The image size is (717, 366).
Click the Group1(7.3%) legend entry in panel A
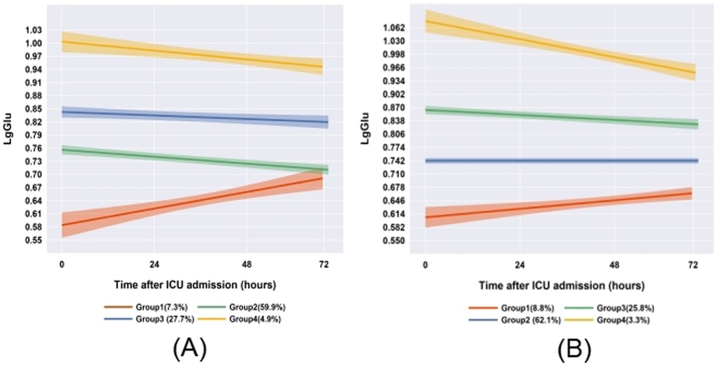140,307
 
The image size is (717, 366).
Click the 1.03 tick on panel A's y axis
34,30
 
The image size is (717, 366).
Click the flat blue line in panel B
559,161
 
